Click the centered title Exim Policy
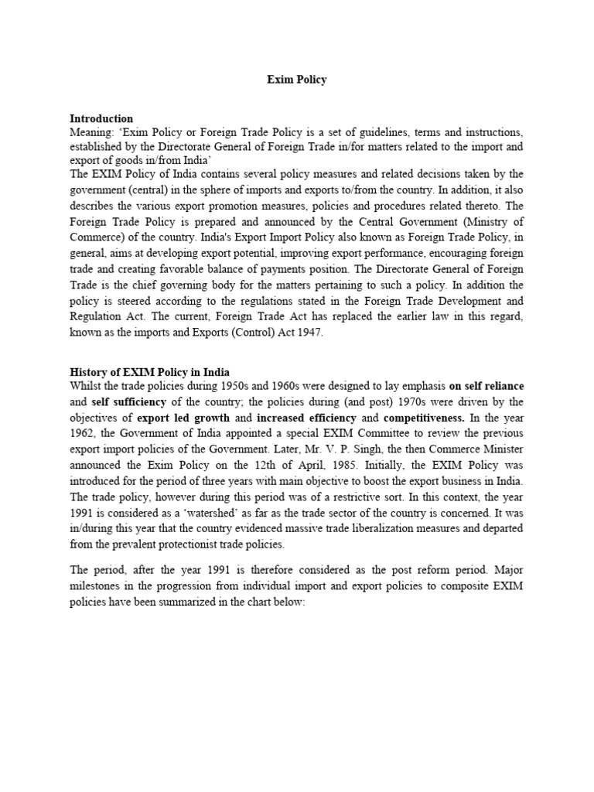click(297, 80)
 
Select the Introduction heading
click(101, 118)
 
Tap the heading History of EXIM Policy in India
click(149, 372)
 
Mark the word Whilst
click(84, 386)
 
